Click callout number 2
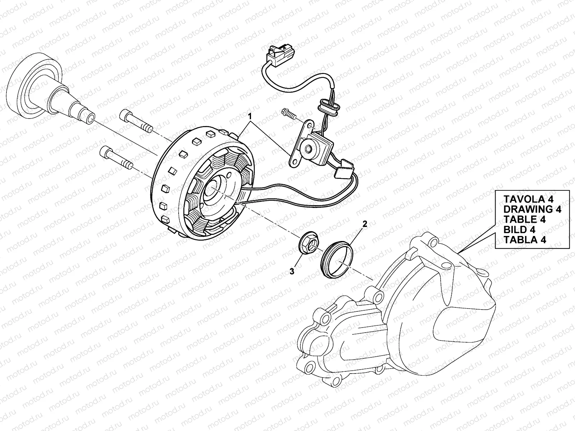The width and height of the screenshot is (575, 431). point(364,224)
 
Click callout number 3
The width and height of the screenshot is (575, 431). point(292,272)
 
